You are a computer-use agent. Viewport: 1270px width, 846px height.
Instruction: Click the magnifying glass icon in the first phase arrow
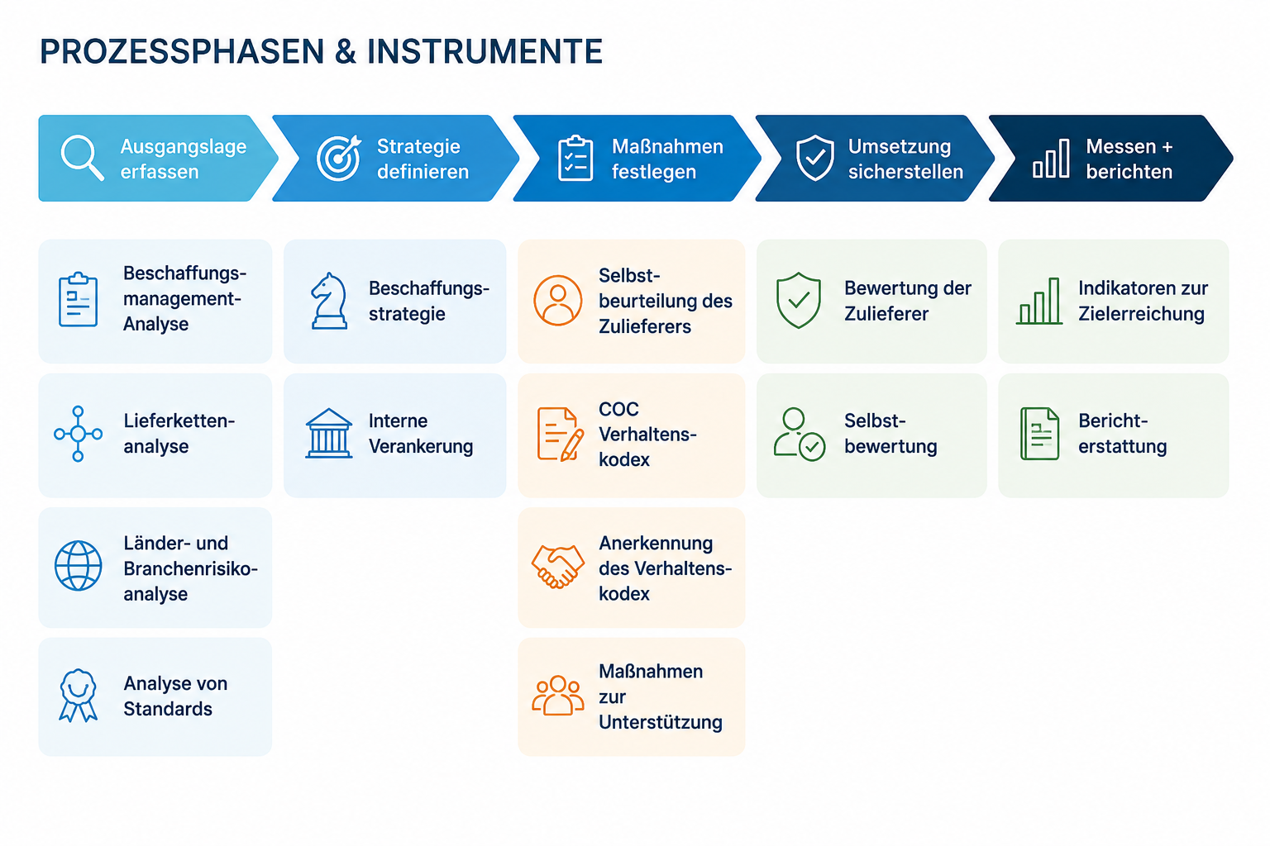click(x=82, y=157)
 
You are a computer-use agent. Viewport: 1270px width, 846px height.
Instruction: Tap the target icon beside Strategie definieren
click(x=339, y=158)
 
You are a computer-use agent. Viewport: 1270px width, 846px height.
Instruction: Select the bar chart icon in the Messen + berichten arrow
click(x=1051, y=158)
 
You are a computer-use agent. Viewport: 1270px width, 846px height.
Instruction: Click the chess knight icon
click(x=329, y=301)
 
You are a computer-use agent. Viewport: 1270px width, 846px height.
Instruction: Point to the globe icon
click(x=79, y=565)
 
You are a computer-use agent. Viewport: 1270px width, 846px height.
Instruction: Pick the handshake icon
click(x=557, y=566)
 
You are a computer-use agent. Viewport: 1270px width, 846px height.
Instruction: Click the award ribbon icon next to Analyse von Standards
click(x=79, y=696)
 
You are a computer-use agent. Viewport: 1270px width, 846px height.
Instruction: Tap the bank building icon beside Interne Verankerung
click(x=329, y=433)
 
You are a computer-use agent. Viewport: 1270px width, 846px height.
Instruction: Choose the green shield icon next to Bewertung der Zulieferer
click(x=798, y=301)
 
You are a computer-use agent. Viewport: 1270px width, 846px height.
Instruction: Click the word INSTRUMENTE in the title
click(x=485, y=51)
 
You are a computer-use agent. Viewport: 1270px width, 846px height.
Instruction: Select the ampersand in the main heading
click(x=346, y=51)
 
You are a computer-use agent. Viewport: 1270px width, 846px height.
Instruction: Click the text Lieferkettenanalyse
click(x=179, y=434)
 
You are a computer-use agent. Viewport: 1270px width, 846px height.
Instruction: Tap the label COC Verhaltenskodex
click(x=647, y=434)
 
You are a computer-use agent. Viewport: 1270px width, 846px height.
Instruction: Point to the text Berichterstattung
click(x=1123, y=434)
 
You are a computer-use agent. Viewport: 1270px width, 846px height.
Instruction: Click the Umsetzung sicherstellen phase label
click(x=905, y=159)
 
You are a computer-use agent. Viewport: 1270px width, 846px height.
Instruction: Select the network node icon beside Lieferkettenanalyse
click(x=79, y=434)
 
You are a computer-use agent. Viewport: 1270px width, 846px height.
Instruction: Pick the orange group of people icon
click(x=557, y=696)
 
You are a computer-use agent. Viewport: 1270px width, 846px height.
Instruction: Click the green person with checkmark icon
click(x=799, y=434)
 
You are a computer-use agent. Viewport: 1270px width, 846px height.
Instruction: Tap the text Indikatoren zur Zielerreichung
click(x=1143, y=301)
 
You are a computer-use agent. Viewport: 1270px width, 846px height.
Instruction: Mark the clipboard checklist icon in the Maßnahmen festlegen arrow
click(x=575, y=158)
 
